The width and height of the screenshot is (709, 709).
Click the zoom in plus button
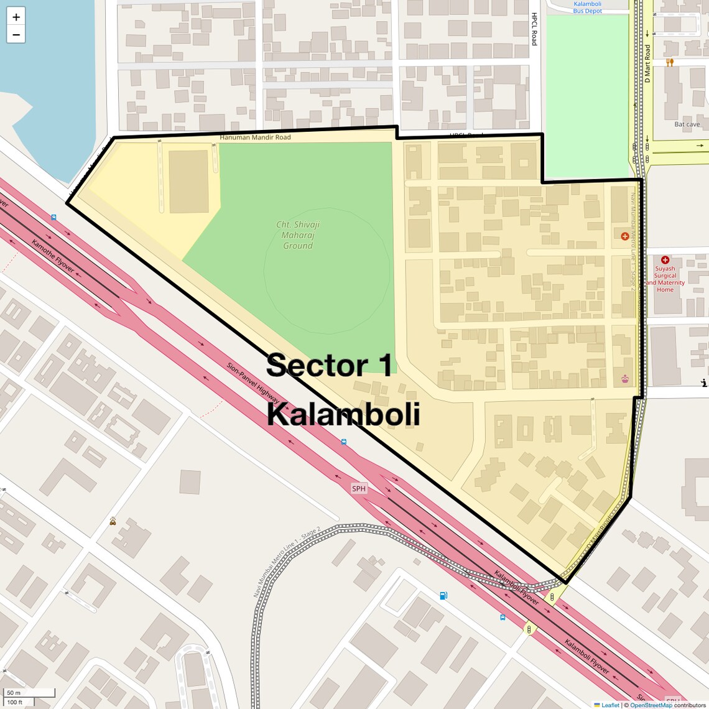[16, 17]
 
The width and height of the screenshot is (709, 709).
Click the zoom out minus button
[16, 35]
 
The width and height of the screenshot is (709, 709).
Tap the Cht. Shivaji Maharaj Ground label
[298, 235]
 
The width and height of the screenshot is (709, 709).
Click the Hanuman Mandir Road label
[255, 137]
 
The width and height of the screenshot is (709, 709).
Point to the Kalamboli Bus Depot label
[587, 7]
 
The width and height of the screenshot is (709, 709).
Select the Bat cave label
[687, 124]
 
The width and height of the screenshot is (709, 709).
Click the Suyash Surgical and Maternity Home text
[665, 279]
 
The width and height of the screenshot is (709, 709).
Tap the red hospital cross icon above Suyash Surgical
[665, 260]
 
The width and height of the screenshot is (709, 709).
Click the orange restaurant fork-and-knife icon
[669, 62]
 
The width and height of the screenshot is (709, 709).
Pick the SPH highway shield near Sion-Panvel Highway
[359, 489]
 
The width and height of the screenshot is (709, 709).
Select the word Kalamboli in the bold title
[343, 415]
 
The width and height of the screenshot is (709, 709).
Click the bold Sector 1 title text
[330, 366]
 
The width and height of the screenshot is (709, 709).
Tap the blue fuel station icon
[443, 596]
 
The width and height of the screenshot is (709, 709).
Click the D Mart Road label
[647, 63]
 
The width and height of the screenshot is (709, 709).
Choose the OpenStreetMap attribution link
[651, 705]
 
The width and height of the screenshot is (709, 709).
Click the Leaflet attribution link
[609, 705]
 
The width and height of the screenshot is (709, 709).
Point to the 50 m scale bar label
[14, 693]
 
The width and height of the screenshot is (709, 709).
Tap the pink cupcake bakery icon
[624, 379]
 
